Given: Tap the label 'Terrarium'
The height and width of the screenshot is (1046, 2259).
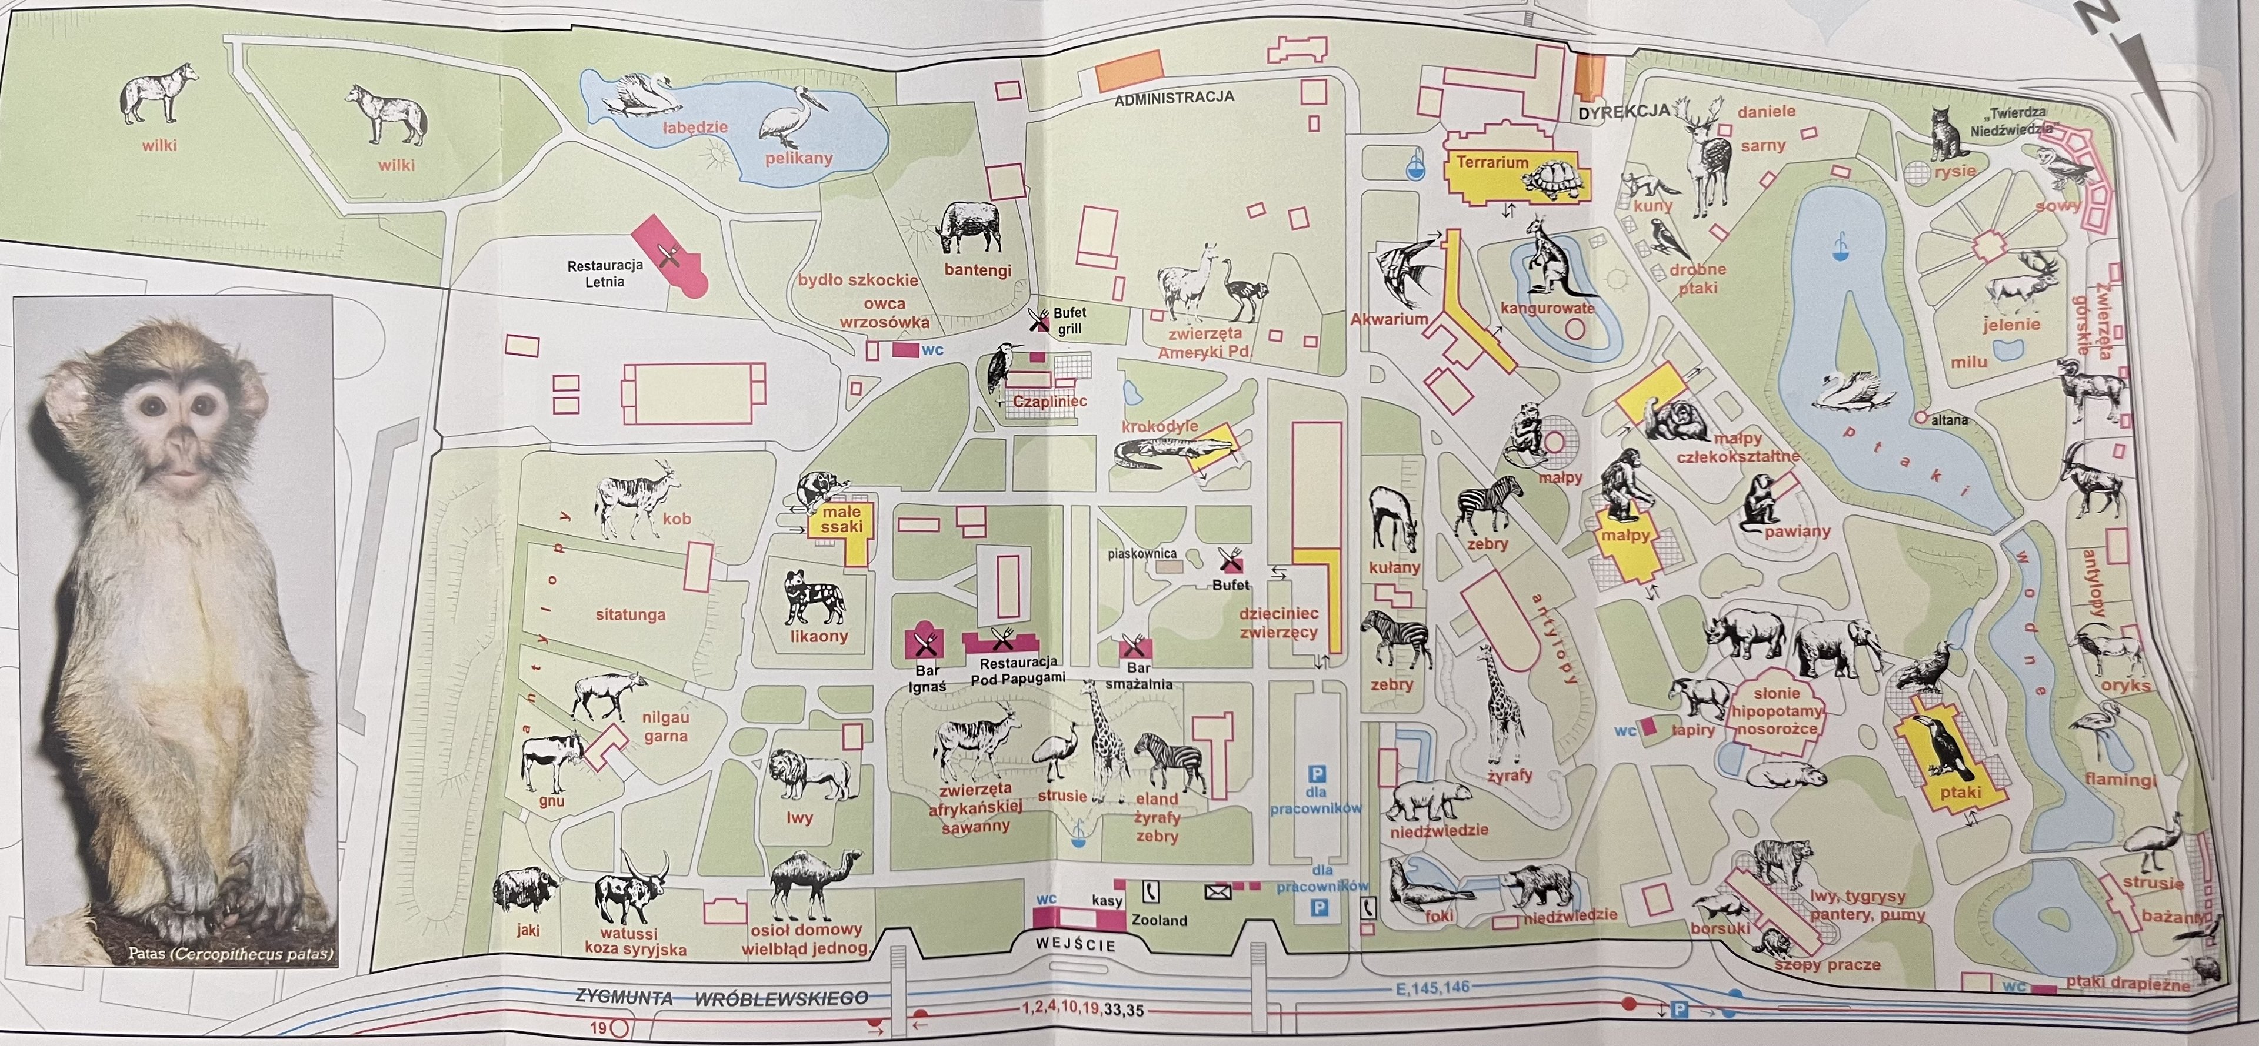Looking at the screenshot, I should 1492,162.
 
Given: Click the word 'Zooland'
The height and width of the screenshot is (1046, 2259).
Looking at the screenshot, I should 1158,921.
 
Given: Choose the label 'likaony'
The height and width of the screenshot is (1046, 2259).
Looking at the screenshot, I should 818,637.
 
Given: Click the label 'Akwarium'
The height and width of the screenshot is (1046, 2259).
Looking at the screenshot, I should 1389,319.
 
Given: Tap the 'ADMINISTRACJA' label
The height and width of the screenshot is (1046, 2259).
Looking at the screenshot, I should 1174,98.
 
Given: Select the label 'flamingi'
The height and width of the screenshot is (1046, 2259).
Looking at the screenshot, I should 2120,778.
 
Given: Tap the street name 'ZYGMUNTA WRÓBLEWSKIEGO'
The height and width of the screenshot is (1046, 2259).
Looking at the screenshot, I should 722,998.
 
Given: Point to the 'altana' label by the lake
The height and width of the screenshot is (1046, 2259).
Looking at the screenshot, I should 1948,420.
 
